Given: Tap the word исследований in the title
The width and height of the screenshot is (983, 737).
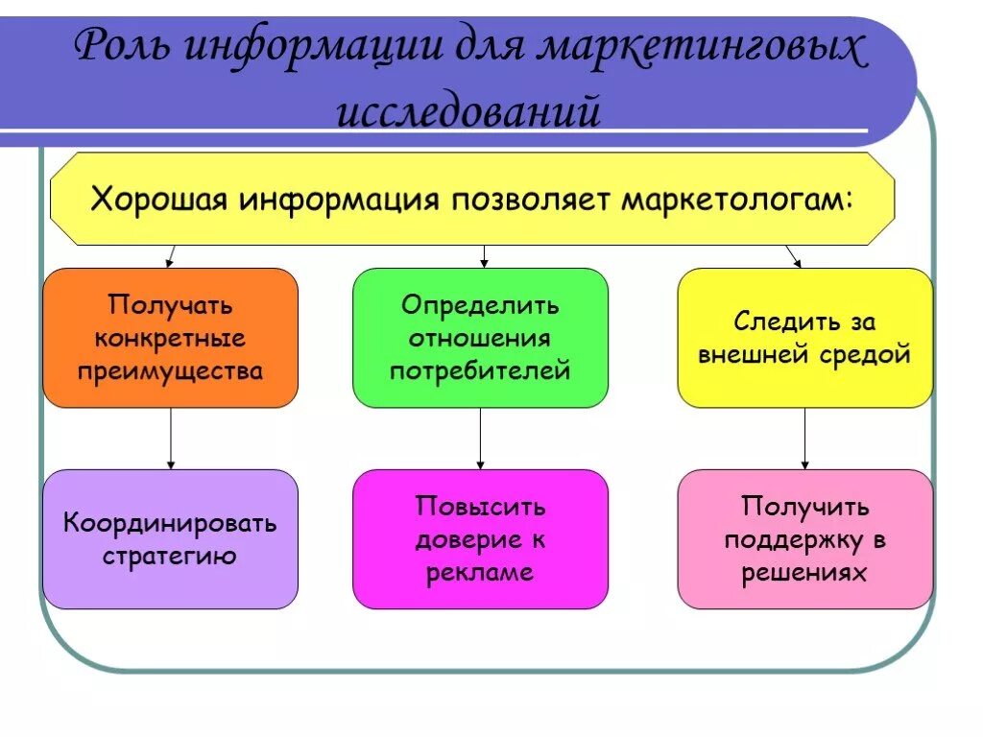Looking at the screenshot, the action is point(468,111).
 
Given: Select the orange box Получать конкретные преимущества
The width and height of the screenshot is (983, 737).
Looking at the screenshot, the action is point(171,338).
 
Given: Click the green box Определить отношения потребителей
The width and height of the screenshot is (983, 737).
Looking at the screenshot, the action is point(480,338).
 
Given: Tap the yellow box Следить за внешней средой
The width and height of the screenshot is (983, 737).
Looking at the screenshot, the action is point(804,338).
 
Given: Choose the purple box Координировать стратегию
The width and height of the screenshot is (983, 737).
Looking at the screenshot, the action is point(171,538).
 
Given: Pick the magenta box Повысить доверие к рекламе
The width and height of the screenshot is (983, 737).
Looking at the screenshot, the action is point(480,538).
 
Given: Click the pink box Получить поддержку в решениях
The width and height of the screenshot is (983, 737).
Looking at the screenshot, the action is point(804,538).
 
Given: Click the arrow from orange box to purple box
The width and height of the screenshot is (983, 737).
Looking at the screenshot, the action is point(171,439).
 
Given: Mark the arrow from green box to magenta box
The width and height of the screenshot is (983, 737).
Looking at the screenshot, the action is point(480,439).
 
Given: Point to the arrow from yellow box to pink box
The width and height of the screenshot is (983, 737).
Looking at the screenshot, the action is point(804,439).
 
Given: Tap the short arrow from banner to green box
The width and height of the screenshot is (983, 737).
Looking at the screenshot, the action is point(484,256).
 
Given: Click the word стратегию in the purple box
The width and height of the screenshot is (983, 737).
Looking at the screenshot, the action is point(171,557).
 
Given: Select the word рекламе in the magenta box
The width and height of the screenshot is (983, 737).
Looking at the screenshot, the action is point(480,573).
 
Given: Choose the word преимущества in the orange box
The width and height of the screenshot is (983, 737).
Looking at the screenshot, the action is point(171,371).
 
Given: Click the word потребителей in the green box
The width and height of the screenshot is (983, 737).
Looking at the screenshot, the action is point(480,371).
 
